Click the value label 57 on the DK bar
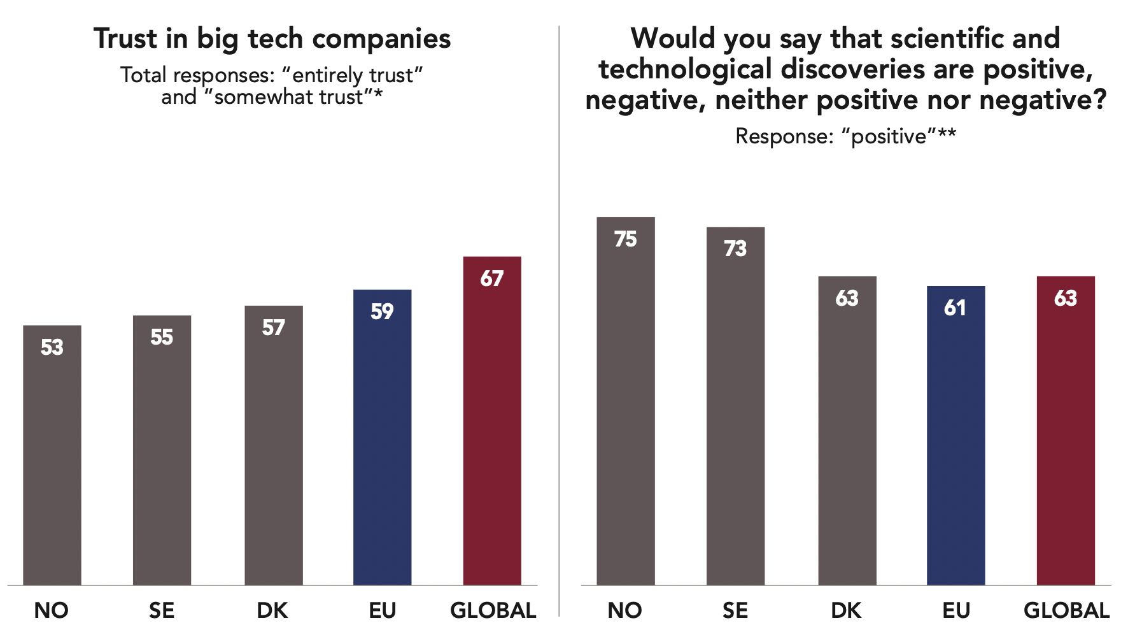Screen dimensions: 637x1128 point(273,328)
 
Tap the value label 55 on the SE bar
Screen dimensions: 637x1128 point(162,338)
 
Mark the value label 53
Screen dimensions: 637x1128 point(52,347)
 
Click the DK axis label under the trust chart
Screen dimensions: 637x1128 point(272,611)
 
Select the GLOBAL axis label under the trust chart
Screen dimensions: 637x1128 point(493,611)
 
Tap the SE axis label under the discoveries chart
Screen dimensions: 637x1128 point(735,611)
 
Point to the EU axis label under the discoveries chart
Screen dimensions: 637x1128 point(955,611)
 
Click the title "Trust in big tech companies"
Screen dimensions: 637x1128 point(272,39)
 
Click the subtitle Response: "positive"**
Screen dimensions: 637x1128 point(845,136)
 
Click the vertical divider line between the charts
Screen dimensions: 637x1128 point(559,318)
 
